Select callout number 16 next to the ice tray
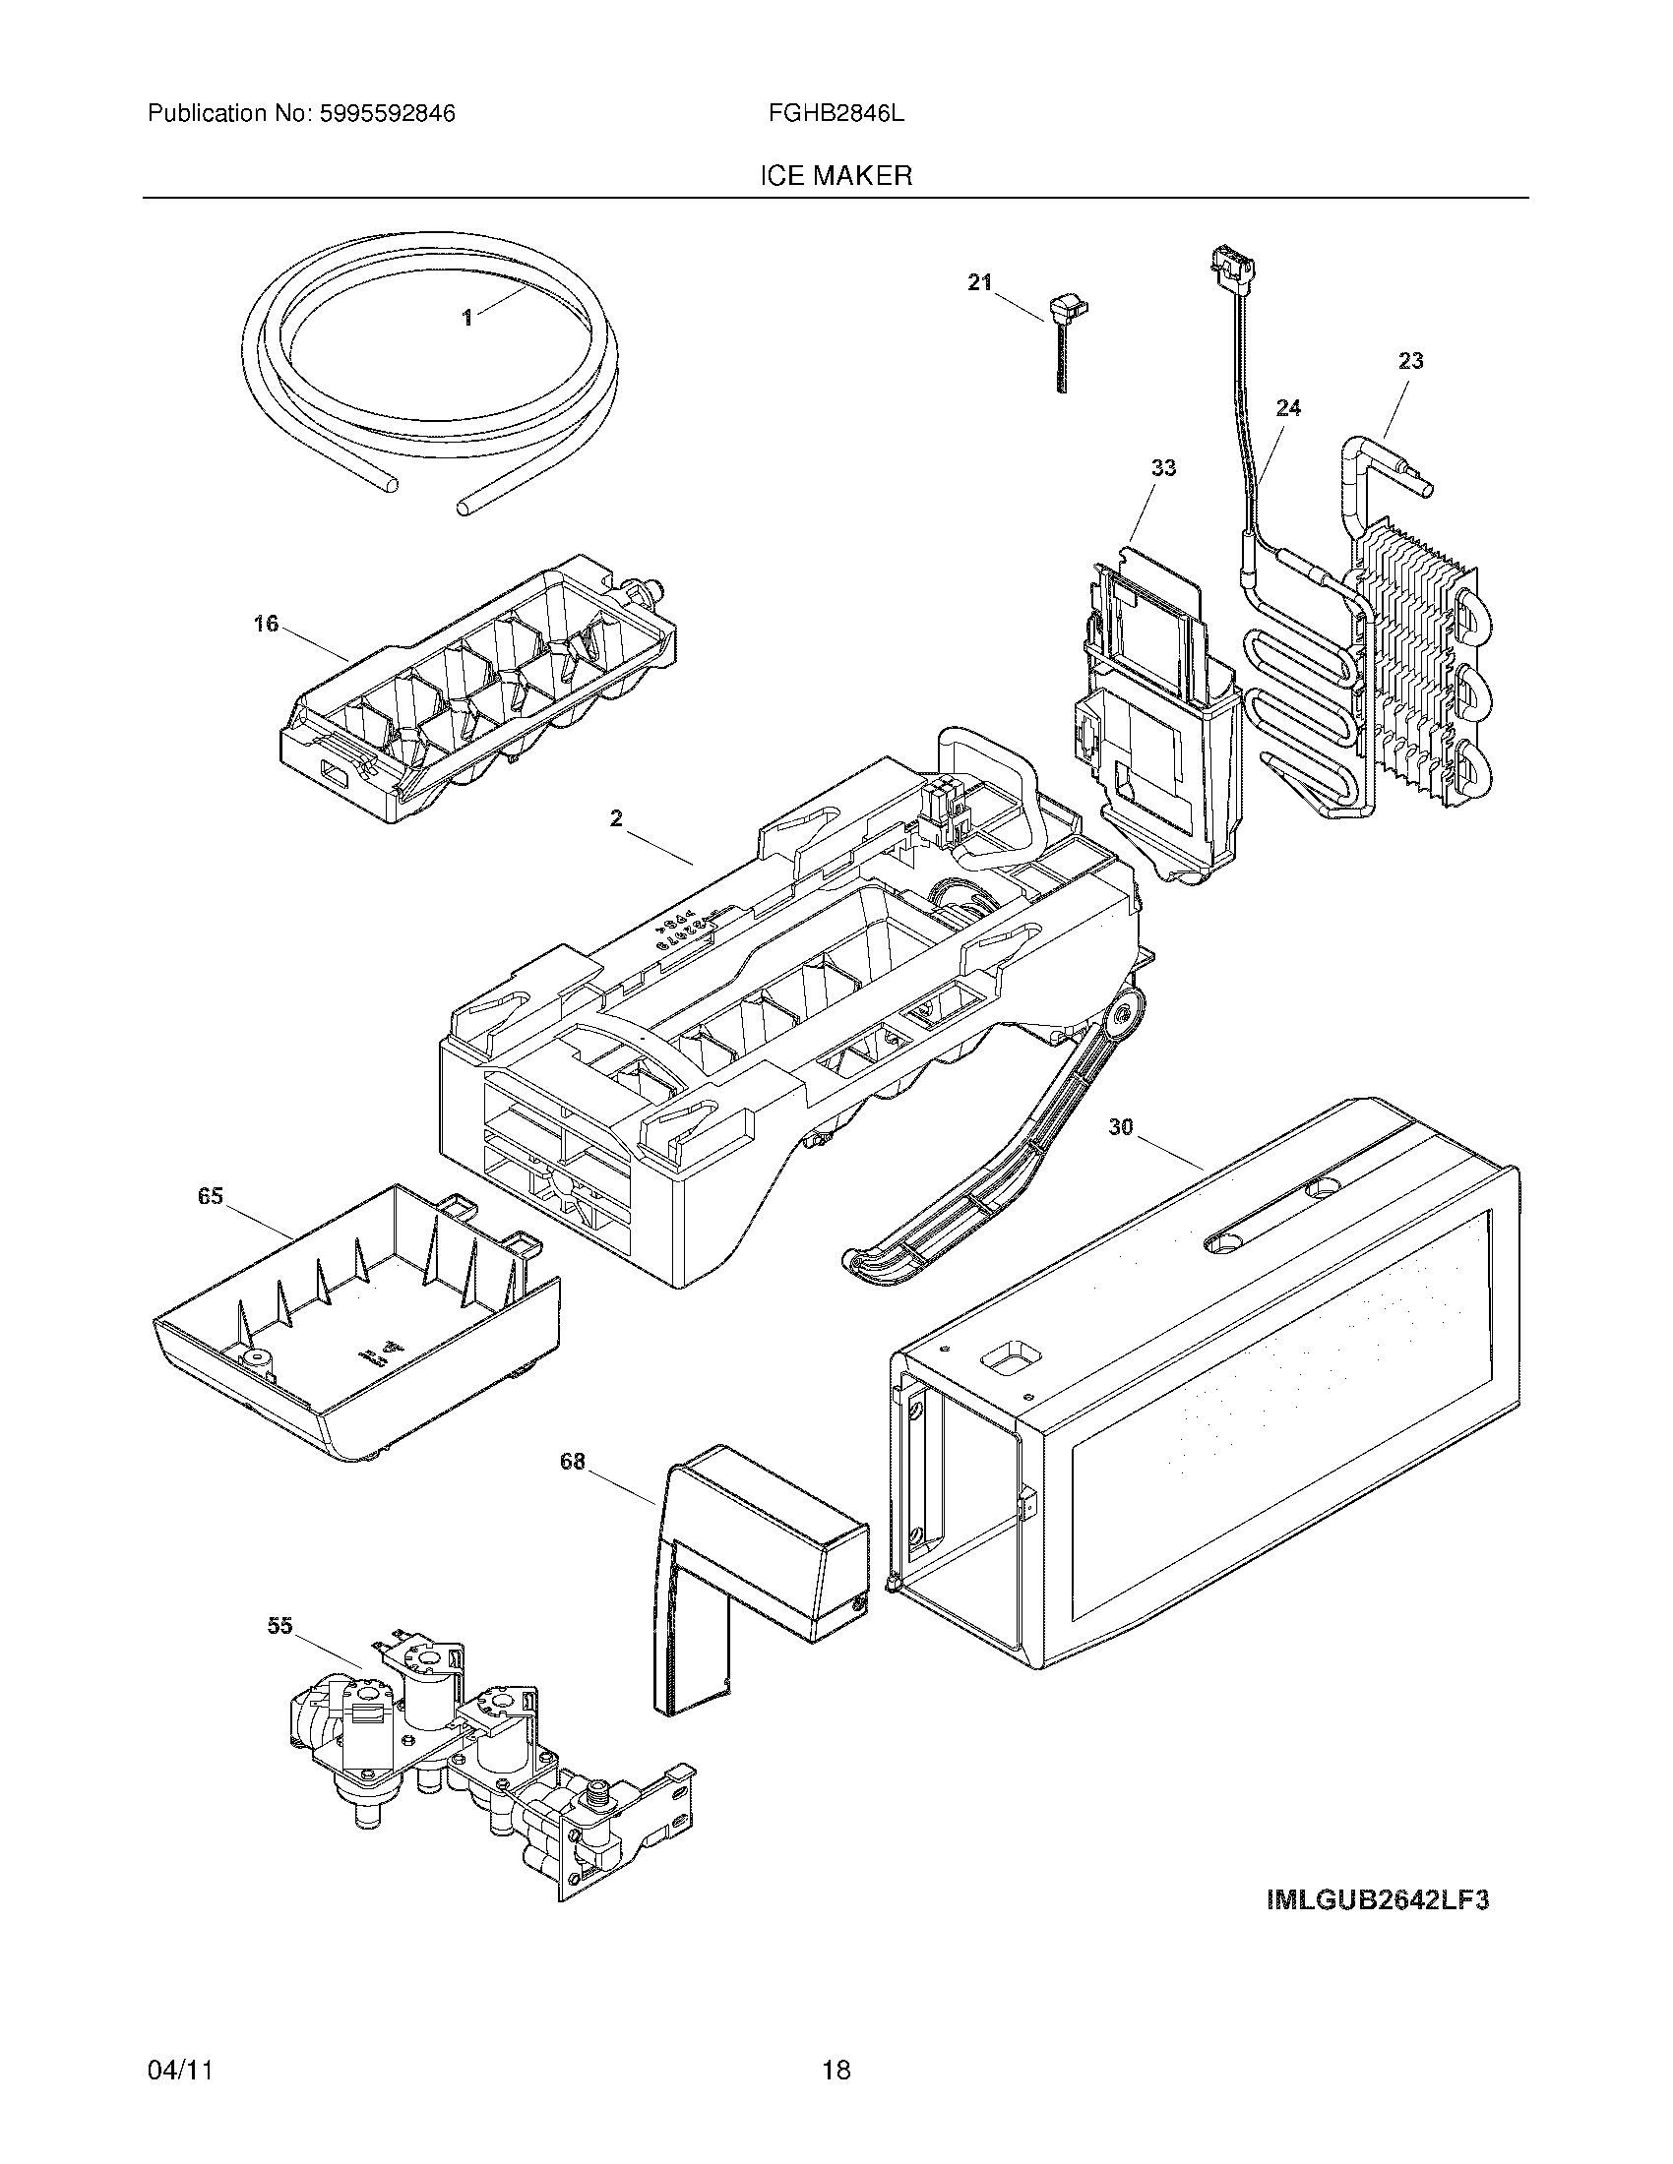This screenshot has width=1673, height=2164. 266,625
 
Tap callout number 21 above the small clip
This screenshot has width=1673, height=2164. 979,282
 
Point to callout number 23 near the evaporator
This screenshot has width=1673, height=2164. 1410,361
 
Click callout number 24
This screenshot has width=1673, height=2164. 1288,407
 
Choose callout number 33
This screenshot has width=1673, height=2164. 1163,466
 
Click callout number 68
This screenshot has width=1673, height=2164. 573,1461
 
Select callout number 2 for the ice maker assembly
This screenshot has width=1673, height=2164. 616,818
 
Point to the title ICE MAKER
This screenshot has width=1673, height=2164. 836,176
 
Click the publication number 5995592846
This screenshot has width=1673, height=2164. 387,114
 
